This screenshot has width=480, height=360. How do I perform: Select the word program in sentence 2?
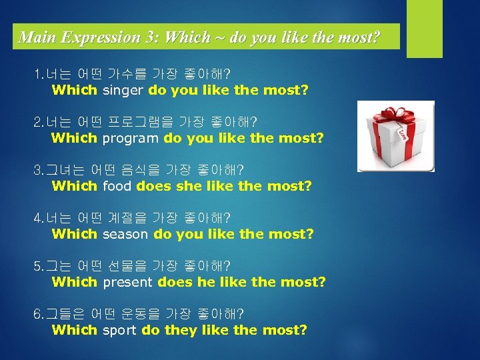131,138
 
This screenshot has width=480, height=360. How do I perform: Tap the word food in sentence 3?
117,186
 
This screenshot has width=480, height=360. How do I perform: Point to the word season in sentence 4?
126,234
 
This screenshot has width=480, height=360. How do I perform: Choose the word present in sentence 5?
128,282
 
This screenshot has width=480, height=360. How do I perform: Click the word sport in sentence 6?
119,330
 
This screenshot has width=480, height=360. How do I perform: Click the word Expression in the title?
98,37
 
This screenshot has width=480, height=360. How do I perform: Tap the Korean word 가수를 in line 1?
128,73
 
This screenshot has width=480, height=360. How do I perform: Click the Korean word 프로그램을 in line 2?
139,121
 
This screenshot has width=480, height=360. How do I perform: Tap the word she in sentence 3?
189,186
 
